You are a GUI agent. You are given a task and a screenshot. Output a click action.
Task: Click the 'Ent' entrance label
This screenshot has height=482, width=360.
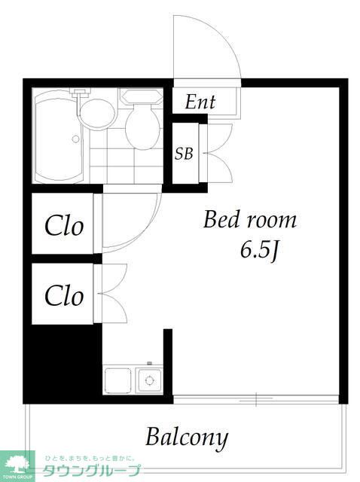pyautogui.click(x=200, y=102)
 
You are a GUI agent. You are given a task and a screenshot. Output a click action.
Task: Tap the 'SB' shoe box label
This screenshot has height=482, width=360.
pyautogui.click(x=184, y=154)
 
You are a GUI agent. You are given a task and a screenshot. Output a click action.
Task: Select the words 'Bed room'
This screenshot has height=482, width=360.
pyautogui.click(x=250, y=219)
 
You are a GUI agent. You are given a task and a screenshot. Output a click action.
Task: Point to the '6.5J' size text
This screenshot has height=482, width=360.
pyautogui.click(x=260, y=250)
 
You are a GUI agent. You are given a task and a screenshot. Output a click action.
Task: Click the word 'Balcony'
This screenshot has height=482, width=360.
pyautogui.click(x=187, y=438)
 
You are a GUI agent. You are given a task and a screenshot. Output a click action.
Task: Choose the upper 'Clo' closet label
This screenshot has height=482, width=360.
pyautogui.click(x=64, y=226)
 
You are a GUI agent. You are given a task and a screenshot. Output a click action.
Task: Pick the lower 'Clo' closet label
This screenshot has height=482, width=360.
pyautogui.click(x=64, y=296)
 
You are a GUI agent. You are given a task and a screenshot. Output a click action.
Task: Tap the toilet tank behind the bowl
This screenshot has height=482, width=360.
pyautogui.click(x=142, y=96)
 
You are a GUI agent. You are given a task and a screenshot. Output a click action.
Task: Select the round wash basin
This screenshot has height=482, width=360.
pyautogui.click(x=98, y=114)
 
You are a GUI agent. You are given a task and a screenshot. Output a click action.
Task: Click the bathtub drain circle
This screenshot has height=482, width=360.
pyautogui.click(x=75, y=139)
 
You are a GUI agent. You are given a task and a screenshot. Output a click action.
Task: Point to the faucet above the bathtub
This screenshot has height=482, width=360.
pyautogui.click(x=81, y=92)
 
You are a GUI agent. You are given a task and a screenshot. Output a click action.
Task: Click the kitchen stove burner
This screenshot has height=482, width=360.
pyautogui.click(x=149, y=380)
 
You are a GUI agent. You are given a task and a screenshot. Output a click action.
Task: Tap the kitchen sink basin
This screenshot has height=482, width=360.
pyautogui.click(x=117, y=380)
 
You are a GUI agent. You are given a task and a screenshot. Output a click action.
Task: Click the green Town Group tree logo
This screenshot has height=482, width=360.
pyautogui.click(x=17, y=465)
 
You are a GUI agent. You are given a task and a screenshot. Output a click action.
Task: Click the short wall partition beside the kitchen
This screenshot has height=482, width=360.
pyautogui.click(x=168, y=362)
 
